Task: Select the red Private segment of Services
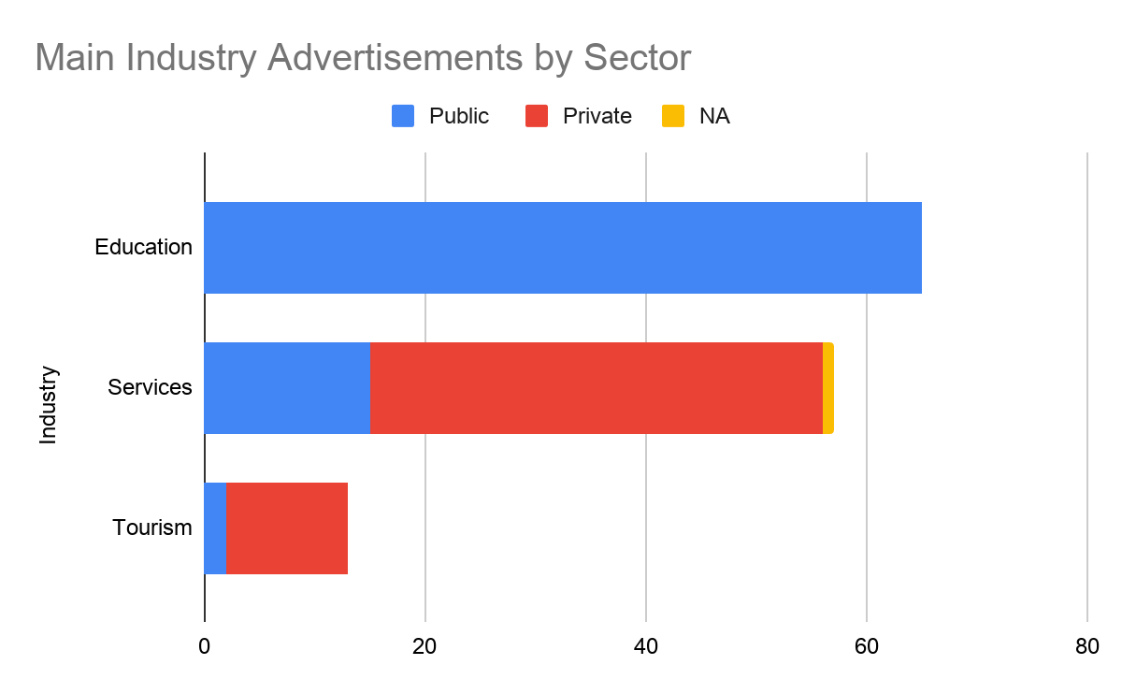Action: (597, 388)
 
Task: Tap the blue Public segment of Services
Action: (287, 388)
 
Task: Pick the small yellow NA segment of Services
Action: (828, 388)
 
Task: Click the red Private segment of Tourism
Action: (287, 528)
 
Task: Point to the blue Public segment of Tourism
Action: (215, 528)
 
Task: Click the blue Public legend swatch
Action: (403, 116)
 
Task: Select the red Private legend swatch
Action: (537, 116)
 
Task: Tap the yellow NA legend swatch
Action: (673, 116)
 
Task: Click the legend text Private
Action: (597, 116)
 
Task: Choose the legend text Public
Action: (458, 116)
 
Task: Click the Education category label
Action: (143, 248)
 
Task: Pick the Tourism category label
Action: (152, 528)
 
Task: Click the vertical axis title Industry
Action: (49, 405)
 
